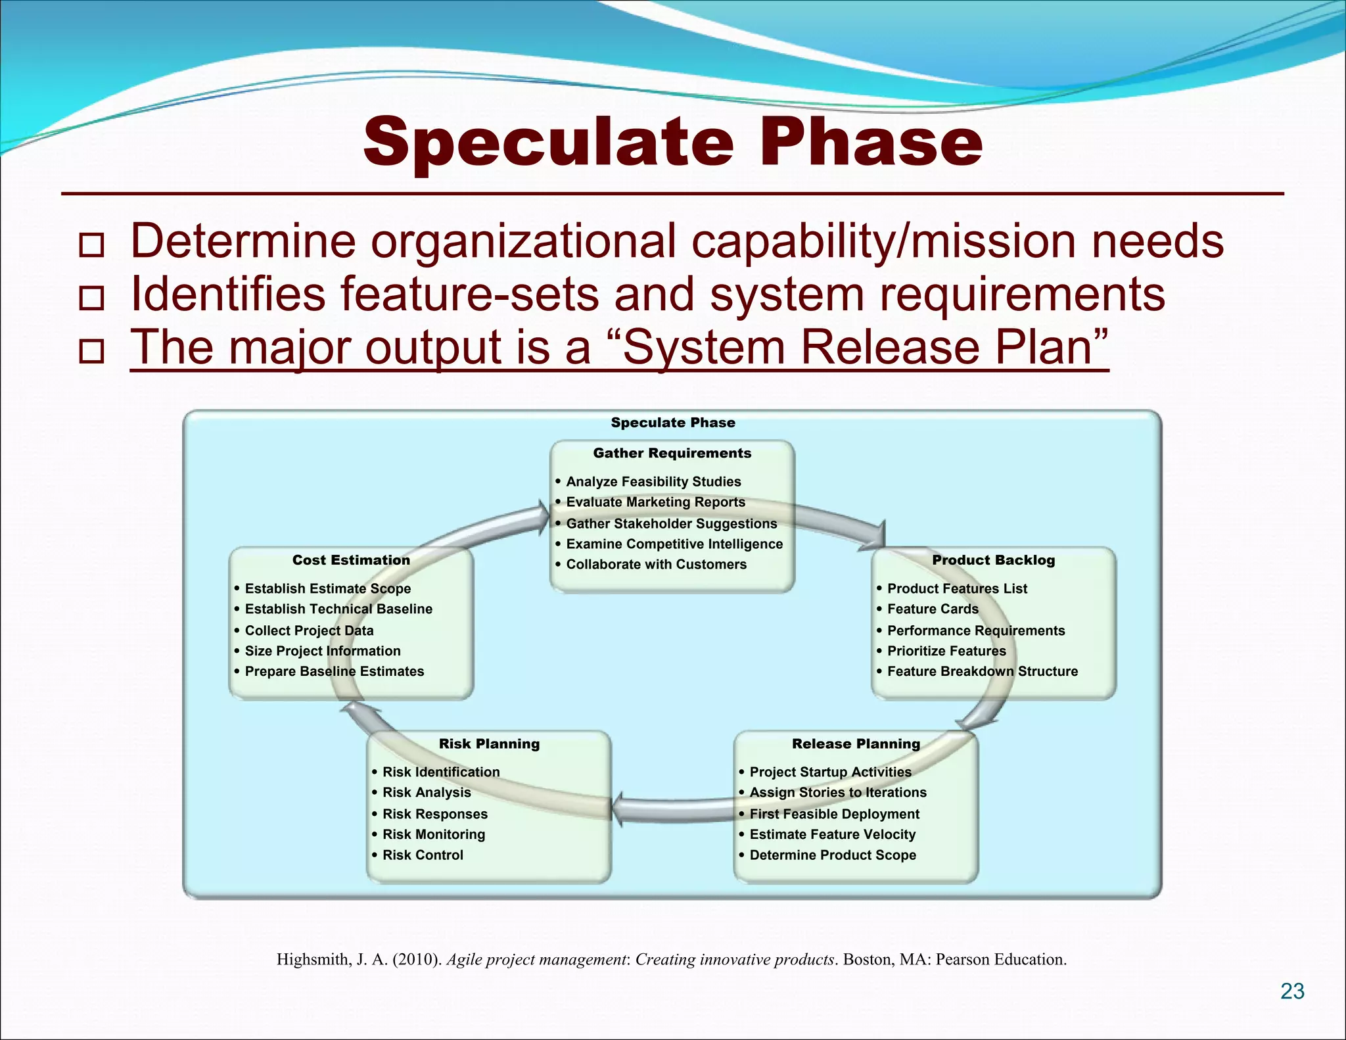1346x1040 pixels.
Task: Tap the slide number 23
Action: click(x=1292, y=991)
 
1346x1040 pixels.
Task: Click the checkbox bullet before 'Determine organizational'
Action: click(x=91, y=245)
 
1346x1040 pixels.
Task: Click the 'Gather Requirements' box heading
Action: click(x=672, y=453)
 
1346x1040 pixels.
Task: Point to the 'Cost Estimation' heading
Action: click(x=351, y=560)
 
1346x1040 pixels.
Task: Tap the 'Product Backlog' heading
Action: click(x=993, y=560)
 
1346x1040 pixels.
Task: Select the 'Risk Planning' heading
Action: click(x=489, y=744)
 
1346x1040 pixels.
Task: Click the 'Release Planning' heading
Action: click(x=856, y=744)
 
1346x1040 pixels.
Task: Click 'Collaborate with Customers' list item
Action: click(x=656, y=564)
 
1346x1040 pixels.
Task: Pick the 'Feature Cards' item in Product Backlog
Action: click(x=933, y=609)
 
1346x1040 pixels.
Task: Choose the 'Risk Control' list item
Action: click(x=423, y=855)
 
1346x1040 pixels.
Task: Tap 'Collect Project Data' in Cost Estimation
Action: click(x=309, y=630)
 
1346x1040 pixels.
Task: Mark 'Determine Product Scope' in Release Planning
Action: click(x=833, y=855)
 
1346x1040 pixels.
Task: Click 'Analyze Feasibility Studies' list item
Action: click(x=653, y=481)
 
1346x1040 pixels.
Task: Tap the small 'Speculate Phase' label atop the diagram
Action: click(x=672, y=423)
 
